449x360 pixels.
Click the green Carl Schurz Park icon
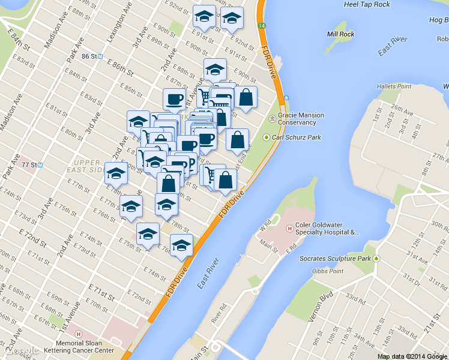[x=267, y=137]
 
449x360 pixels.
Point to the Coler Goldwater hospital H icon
[x=289, y=228]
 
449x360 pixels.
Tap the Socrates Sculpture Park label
[x=336, y=259]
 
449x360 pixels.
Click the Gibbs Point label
[x=328, y=271]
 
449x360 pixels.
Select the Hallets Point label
[x=395, y=86]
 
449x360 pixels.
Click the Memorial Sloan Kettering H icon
[x=77, y=334]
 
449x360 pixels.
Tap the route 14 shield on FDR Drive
[x=262, y=26]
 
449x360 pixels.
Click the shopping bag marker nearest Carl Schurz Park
[x=238, y=140]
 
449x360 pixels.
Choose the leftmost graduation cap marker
[x=116, y=173]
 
